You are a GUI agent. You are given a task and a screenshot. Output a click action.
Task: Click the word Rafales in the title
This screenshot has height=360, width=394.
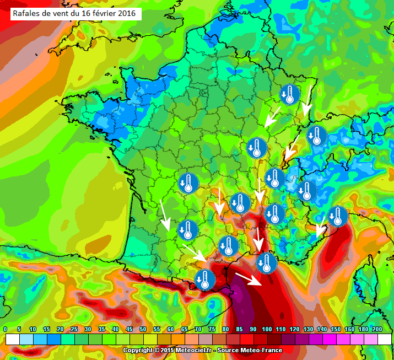[27, 13]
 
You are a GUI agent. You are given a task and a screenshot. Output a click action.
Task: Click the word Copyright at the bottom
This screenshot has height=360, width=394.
[137, 350]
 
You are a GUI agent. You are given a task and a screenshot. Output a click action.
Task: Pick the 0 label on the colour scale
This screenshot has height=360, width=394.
[5, 329]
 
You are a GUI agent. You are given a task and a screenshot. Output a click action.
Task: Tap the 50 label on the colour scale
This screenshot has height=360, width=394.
[143, 329]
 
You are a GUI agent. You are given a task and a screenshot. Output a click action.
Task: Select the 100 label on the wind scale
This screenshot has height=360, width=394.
[267, 329]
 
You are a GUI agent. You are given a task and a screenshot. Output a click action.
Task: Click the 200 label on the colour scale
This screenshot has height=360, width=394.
[377, 329]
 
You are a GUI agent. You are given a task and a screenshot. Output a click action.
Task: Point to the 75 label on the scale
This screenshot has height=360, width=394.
[212, 329]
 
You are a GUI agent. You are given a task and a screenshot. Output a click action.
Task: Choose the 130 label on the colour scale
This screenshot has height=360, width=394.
[308, 329]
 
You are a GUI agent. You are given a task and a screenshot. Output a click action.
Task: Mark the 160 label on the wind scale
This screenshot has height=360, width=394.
[349, 329]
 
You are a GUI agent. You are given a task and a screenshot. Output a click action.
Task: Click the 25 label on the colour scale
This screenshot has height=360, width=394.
[74, 329]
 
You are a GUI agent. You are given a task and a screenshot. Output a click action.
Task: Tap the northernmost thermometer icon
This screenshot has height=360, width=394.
[290, 94]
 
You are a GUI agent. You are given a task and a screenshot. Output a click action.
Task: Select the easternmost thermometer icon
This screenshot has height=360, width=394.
[338, 216]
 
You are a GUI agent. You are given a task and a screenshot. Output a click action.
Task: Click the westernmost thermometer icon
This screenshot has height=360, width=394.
[188, 182]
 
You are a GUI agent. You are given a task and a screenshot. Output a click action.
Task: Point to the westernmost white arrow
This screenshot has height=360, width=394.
[164, 215]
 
